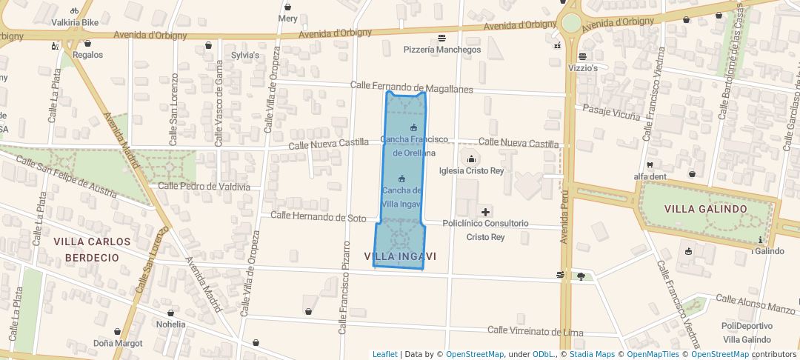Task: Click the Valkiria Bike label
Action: point(75,22)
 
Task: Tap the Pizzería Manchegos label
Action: point(442,50)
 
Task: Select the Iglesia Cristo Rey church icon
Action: point(471,159)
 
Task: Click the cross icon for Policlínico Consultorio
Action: point(485,212)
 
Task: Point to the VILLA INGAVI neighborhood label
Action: point(401,256)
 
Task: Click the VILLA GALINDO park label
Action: point(705,209)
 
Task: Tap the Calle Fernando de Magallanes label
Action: point(412,88)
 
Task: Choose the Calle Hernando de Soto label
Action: point(319,217)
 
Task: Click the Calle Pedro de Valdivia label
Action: point(204,187)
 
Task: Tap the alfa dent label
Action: point(650,176)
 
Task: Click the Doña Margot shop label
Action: point(118,343)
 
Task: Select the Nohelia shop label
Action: point(171,324)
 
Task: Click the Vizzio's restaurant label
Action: point(583,67)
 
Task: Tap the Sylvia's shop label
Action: point(245,56)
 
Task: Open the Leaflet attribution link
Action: point(384,354)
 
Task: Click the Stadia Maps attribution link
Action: point(592,354)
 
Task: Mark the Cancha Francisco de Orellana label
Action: point(414,146)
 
